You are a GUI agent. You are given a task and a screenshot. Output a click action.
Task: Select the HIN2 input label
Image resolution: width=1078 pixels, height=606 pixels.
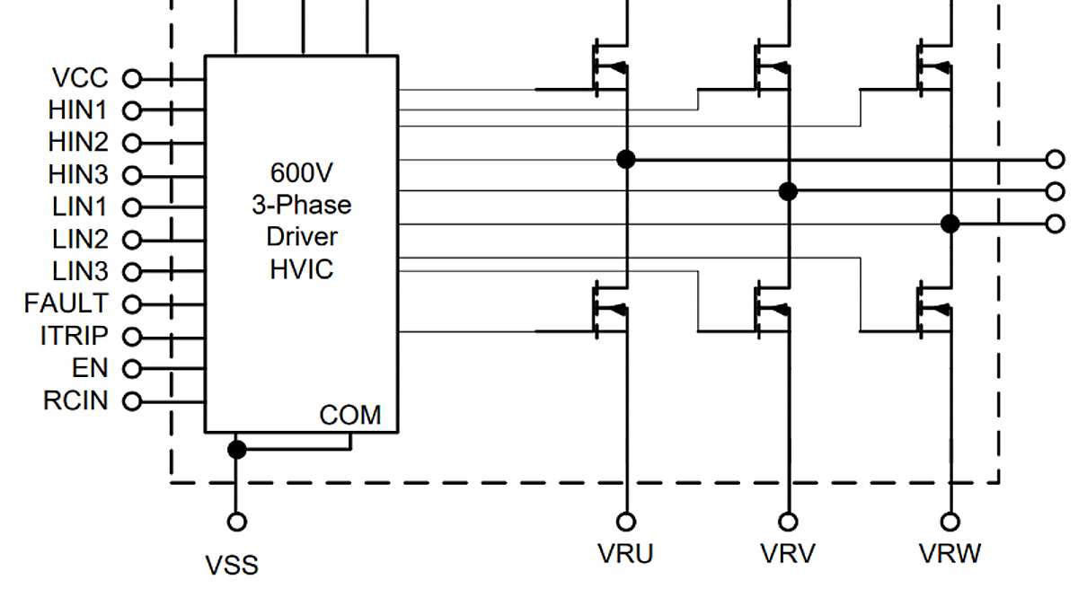click(x=77, y=143)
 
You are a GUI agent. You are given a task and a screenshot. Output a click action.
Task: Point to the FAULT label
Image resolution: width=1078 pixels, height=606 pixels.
click(x=66, y=303)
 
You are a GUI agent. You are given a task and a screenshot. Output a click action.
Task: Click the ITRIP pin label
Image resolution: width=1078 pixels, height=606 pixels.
click(x=74, y=337)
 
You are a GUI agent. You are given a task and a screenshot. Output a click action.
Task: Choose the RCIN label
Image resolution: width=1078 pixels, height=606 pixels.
click(x=75, y=400)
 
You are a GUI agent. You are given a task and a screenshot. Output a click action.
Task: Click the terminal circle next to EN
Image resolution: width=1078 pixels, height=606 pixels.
click(x=132, y=368)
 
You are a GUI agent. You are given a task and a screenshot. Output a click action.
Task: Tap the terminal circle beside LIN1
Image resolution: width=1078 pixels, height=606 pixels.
click(x=132, y=207)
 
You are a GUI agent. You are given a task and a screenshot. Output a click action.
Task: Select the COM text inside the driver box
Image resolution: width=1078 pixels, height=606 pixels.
click(x=350, y=416)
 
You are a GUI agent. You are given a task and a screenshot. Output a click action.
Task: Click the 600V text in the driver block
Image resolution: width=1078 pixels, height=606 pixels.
click(x=301, y=172)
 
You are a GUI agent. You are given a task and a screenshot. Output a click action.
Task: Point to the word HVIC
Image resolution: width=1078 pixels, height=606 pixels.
click(x=301, y=268)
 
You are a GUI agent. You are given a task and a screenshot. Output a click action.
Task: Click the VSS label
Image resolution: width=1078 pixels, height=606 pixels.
click(x=232, y=566)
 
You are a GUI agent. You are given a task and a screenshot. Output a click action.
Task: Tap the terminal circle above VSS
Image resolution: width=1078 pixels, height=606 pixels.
click(x=236, y=522)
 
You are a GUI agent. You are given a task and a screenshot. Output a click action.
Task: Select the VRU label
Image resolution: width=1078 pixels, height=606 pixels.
click(x=625, y=554)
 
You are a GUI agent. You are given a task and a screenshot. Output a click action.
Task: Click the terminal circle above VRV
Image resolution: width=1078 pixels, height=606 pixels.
click(x=788, y=522)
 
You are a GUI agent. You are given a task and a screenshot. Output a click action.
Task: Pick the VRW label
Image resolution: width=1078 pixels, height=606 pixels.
click(x=950, y=554)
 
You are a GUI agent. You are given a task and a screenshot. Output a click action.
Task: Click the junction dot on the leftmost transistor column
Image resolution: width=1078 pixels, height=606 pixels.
click(x=626, y=160)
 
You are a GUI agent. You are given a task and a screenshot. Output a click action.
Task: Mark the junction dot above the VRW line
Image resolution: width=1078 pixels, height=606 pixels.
click(x=950, y=224)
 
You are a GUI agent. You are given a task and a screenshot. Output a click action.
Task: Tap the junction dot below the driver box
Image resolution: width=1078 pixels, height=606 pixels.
click(x=236, y=449)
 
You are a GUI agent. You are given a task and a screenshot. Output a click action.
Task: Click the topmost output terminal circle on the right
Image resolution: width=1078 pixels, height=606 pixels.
click(x=1056, y=160)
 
